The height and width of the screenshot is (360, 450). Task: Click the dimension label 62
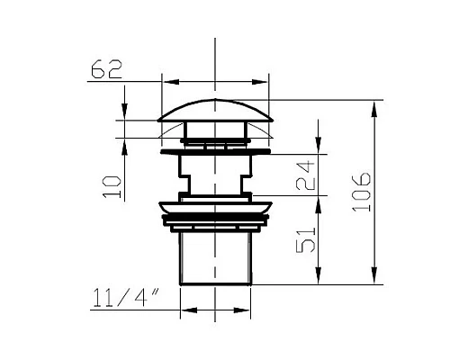(x=106, y=69)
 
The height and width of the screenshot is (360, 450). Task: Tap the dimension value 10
(x=112, y=186)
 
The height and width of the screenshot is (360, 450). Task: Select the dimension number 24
(x=305, y=175)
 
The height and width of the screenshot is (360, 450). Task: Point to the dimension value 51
(x=306, y=239)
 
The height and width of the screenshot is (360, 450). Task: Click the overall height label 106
(x=361, y=192)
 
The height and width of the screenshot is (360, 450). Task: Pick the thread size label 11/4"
(x=125, y=298)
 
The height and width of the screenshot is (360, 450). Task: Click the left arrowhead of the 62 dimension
(x=171, y=82)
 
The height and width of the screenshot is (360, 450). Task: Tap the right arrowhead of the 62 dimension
(x=259, y=82)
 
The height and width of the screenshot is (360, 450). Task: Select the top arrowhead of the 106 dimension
(x=374, y=110)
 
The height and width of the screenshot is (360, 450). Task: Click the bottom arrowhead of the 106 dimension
(x=374, y=275)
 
